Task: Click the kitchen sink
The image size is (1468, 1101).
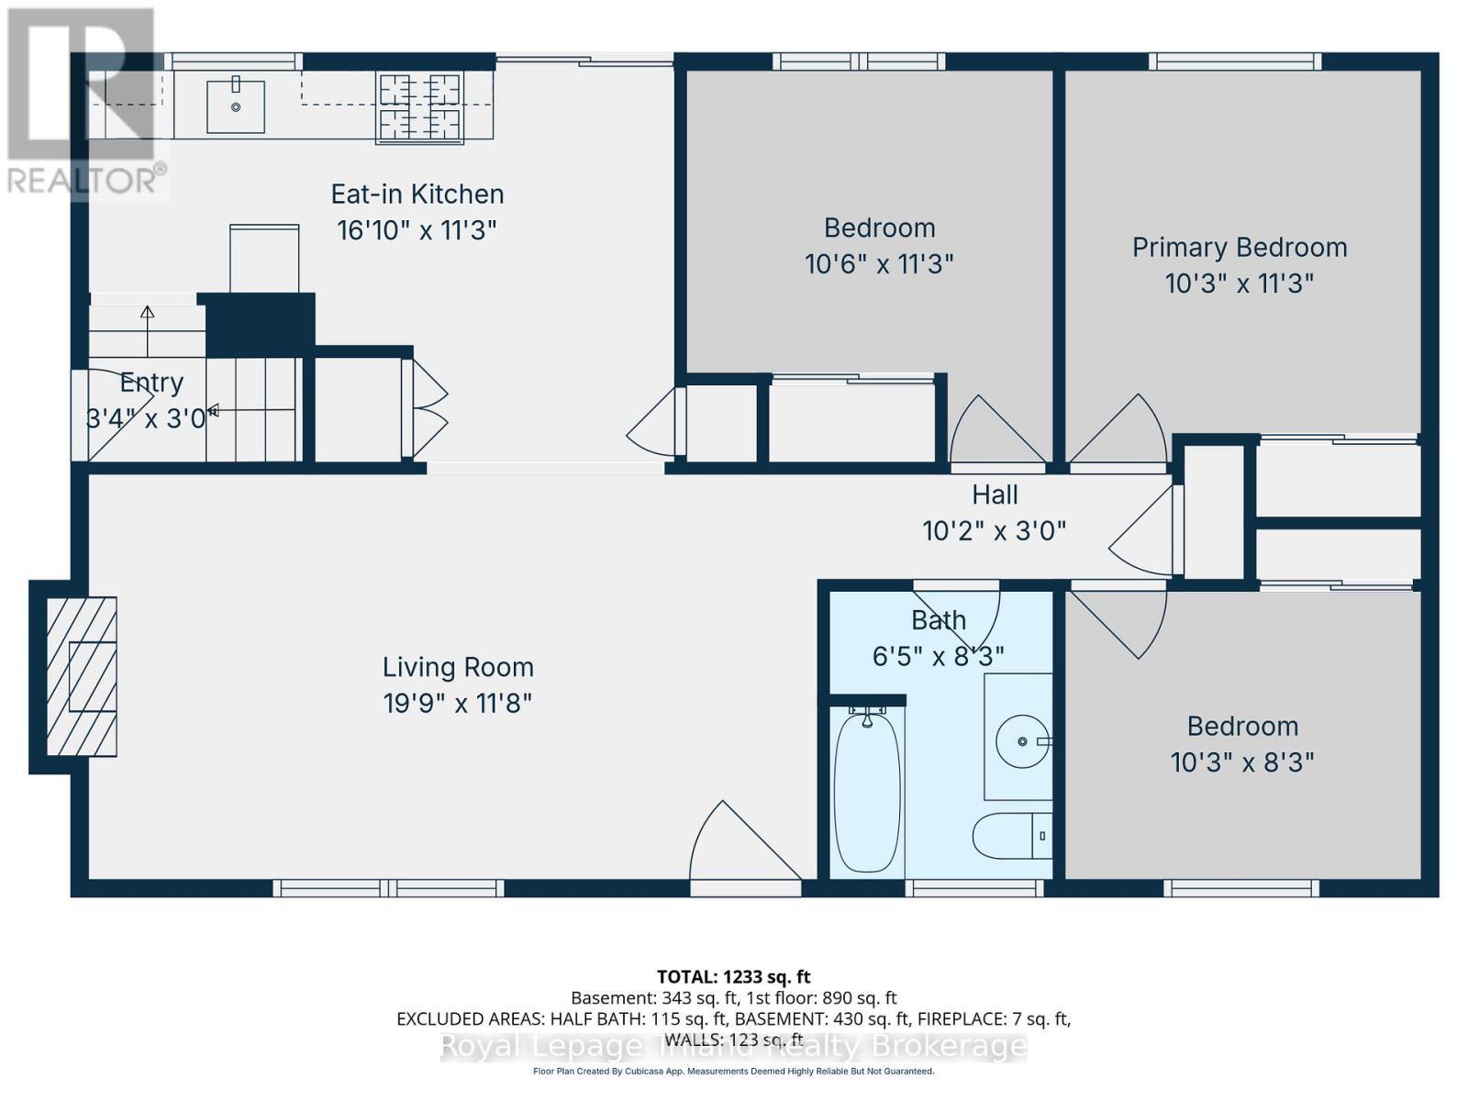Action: pos(236,106)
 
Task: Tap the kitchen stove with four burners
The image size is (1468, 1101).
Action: pos(419,107)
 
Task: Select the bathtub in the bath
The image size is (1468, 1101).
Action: pos(866,791)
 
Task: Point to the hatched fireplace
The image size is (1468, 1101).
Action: pos(83,676)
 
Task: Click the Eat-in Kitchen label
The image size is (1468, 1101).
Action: pos(417,195)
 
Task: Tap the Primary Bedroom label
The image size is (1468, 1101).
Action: pos(1239,248)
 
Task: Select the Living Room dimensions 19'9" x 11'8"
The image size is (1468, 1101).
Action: pos(457,704)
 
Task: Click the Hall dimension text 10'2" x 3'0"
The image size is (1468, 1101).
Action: pos(994,531)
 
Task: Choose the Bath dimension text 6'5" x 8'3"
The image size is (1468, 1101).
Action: pos(937,656)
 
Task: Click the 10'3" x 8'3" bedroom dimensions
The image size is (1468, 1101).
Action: pos(1241,762)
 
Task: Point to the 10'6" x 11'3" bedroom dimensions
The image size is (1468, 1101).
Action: pos(879,265)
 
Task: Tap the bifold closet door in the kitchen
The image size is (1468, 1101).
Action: pos(427,408)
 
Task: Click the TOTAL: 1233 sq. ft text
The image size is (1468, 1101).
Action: pos(733,977)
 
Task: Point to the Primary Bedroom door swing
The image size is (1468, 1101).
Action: pos(1119,431)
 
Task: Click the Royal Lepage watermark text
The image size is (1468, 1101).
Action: pos(733,1046)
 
